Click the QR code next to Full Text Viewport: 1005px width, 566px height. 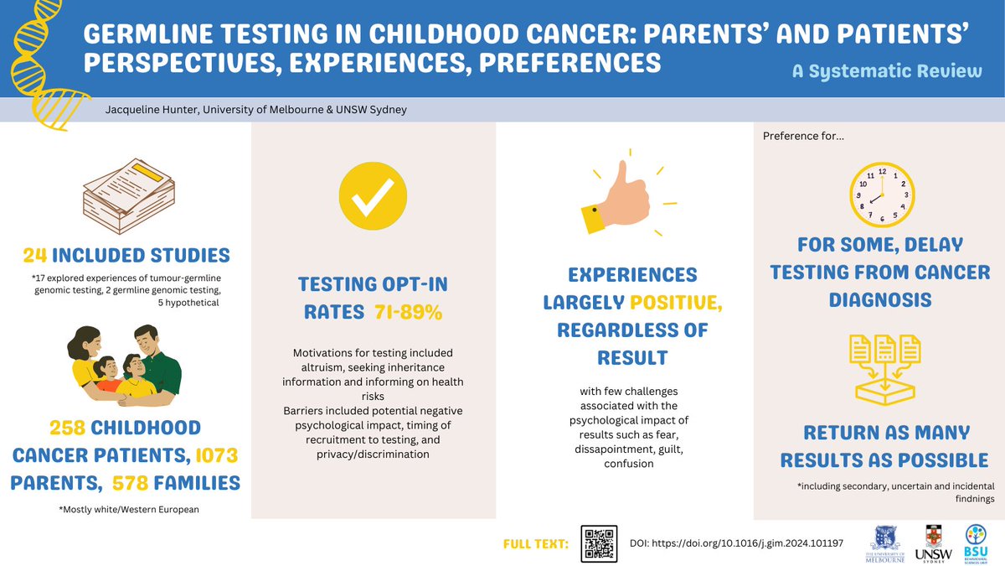599,543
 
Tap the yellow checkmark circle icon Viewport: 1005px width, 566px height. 373,196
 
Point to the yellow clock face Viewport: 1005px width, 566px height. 882,195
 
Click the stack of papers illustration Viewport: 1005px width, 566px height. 129,196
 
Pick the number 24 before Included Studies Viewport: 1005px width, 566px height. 35,255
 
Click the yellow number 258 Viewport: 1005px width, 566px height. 67,428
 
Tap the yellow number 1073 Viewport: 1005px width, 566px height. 217,455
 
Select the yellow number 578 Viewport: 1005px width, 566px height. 130,483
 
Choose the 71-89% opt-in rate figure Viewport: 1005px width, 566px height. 409,312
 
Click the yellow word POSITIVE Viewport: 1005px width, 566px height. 676,303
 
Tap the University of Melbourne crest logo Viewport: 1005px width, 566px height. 884,544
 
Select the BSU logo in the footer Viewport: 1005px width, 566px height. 976,543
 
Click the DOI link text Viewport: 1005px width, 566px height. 736,543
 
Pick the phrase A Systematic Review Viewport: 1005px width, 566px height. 887,71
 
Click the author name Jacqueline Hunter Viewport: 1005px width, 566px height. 152,110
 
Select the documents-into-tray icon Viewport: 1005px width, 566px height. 884,369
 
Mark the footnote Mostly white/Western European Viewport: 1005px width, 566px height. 129,510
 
